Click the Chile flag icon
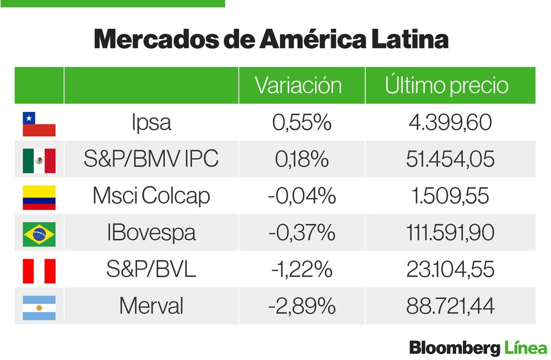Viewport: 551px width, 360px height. tap(39, 123)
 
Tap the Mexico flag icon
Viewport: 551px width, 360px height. tap(39, 160)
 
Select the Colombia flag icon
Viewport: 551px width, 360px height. tap(39, 197)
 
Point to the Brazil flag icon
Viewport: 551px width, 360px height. tap(39, 234)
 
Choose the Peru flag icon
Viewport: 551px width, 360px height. tap(39, 271)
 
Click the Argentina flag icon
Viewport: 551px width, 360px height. tap(39, 308)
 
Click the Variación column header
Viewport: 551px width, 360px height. tap(298, 86)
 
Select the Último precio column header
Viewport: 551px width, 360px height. tap(446, 86)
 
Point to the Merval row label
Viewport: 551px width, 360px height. tap(151, 307)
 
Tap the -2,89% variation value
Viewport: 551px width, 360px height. tap(301, 307)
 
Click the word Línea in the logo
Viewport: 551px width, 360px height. tap(525, 348)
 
